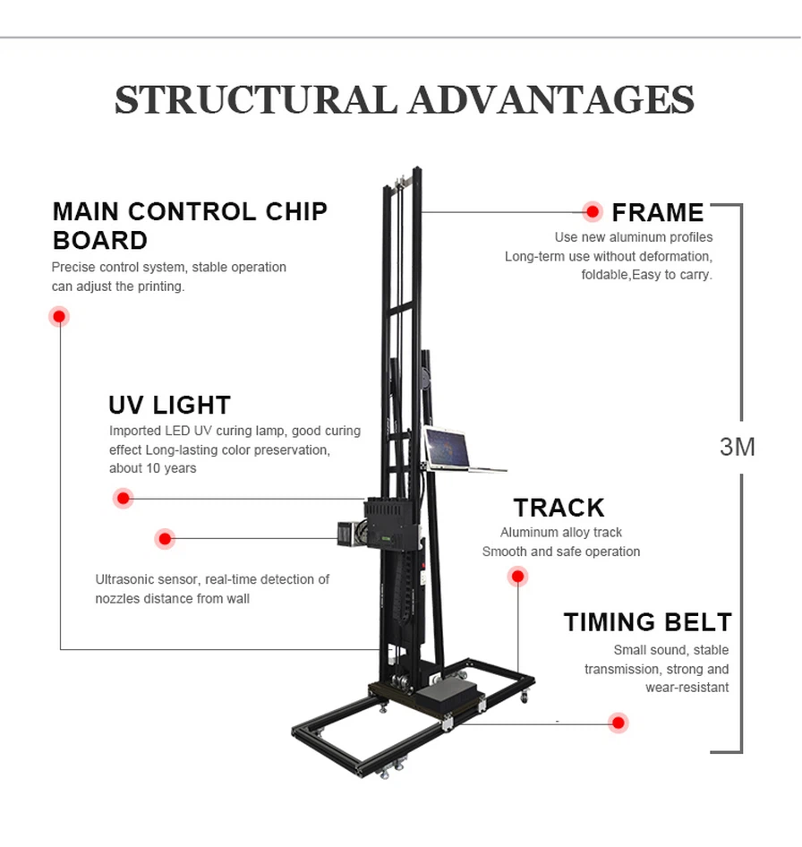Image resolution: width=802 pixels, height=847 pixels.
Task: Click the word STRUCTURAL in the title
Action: pyautogui.click(x=256, y=99)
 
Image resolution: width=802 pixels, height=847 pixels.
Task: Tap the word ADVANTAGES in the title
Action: pyautogui.click(x=551, y=99)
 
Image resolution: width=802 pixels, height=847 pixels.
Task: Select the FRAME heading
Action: pyautogui.click(x=658, y=212)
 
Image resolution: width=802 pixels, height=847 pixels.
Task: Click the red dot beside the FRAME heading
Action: pyautogui.click(x=592, y=211)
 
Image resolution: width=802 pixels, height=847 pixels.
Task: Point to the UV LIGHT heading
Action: pyautogui.click(x=169, y=405)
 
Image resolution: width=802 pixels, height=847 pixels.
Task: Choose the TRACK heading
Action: pyautogui.click(x=559, y=508)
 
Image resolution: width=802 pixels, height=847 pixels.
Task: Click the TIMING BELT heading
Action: pyautogui.click(x=647, y=621)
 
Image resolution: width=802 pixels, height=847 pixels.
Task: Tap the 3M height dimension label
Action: pyautogui.click(x=738, y=446)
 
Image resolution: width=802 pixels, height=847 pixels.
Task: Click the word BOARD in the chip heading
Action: pyautogui.click(x=100, y=240)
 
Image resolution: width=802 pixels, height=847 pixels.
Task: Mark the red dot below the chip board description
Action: pyautogui.click(x=59, y=316)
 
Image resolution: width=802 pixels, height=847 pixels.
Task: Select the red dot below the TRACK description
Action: pyautogui.click(x=517, y=577)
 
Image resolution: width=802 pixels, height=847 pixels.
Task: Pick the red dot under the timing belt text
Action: pyautogui.click(x=618, y=723)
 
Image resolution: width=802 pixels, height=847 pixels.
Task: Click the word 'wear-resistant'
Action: pyautogui.click(x=687, y=688)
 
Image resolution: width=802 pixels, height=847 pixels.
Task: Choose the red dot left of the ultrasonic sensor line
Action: pyautogui.click(x=165, y=538)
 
